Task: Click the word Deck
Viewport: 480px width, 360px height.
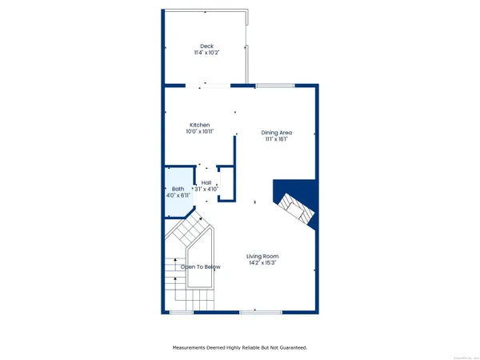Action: (x=206, y=46)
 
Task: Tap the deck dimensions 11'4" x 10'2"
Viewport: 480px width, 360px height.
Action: (x=206, y=53)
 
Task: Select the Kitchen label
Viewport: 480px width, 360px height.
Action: (x=199, y=125)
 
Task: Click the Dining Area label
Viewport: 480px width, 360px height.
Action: (x=277, y=132)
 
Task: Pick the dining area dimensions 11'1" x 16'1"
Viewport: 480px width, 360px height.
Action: (x=277, y=139)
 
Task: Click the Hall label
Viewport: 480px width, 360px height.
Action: (x=206, y=182)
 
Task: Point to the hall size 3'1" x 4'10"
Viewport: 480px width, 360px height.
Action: (x=206, y=190)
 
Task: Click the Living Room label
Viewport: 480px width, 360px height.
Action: (x=262, y=256)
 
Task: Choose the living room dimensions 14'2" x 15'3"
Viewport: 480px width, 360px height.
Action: (x=262, y=263)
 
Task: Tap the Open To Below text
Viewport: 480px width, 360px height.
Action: (x=200, y=266)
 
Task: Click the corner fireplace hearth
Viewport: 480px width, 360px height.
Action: (x=294, y=206)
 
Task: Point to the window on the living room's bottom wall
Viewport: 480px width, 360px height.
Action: (x=254, y=311)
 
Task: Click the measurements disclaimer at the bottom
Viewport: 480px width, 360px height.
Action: (x=240, y=347)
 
